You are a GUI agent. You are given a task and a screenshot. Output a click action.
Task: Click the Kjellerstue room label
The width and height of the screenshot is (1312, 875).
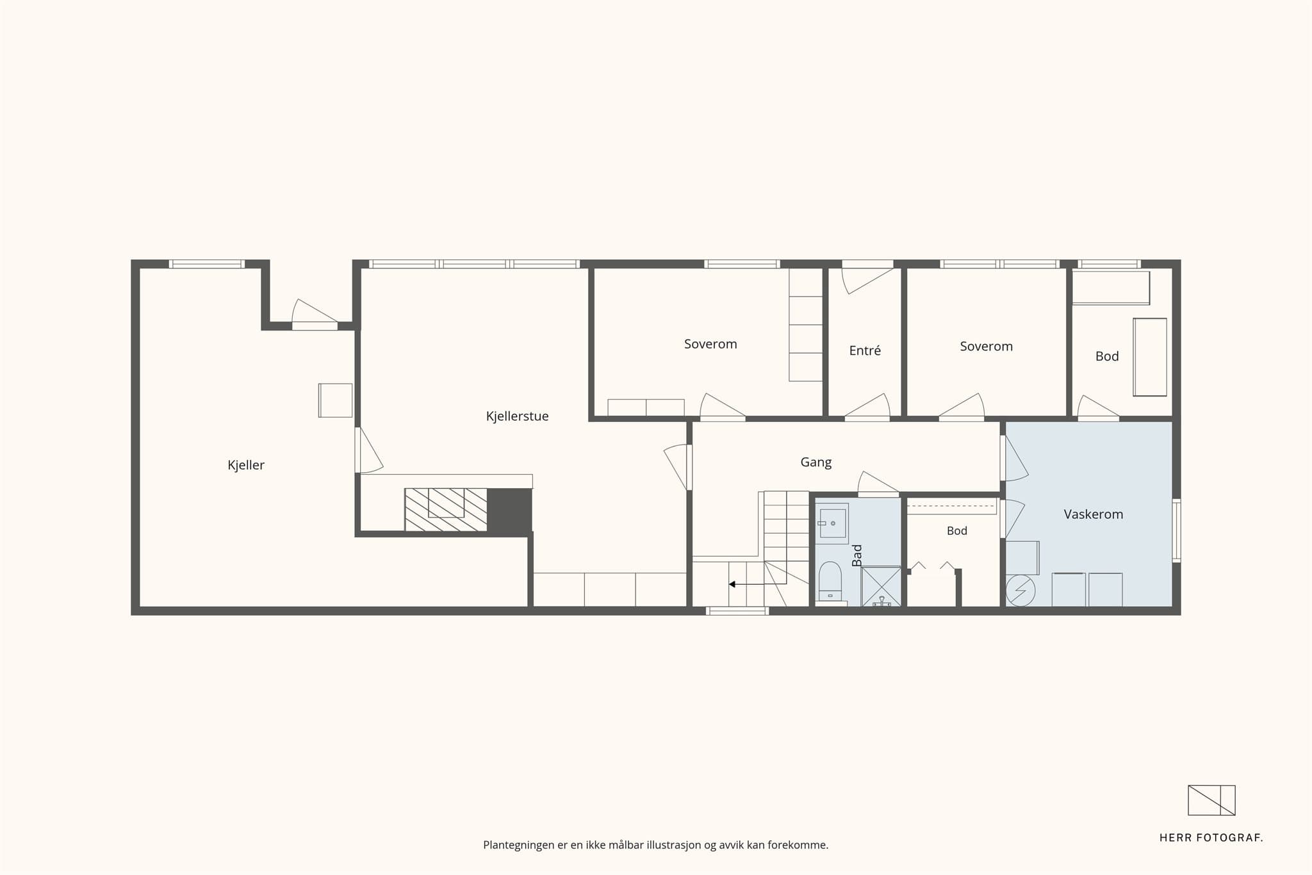(517, 416)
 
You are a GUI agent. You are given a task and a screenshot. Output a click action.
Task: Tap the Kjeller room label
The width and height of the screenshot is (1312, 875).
(246, 466)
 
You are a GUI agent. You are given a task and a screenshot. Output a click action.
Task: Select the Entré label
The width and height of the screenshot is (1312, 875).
(865, 350)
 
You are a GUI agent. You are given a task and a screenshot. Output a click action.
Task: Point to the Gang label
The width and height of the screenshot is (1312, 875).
(816, 462)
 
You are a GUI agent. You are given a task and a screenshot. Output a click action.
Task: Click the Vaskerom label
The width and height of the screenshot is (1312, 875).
(1093, 514)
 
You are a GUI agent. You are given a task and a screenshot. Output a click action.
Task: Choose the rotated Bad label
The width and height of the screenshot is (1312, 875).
(857, 555)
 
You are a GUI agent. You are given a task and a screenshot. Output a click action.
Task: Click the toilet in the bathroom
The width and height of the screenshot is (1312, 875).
(830, 582)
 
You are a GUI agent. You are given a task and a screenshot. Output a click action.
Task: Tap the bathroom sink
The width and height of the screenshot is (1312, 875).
(832, 523)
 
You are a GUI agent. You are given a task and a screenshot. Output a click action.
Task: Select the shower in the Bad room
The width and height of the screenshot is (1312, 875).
(881, 586)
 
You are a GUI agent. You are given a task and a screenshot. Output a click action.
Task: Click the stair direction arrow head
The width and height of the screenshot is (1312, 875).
(732, 584)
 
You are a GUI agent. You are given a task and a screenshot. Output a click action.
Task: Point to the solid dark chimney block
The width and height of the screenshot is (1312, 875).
(510, 510)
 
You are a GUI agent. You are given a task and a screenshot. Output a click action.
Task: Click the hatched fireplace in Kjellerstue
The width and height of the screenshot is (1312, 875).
(446, 510)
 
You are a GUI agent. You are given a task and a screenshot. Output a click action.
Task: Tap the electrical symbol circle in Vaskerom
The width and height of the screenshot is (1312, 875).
(1021, 591)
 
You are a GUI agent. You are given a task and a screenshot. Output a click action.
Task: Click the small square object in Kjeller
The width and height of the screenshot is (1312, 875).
(336, 400)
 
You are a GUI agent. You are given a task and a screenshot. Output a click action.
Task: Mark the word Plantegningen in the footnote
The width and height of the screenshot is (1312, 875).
(519, 845)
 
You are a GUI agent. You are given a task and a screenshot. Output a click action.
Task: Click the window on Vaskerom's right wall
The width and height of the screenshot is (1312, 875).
(1177, 531)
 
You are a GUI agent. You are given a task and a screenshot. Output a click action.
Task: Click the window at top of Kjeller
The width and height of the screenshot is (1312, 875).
(207, 264)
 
